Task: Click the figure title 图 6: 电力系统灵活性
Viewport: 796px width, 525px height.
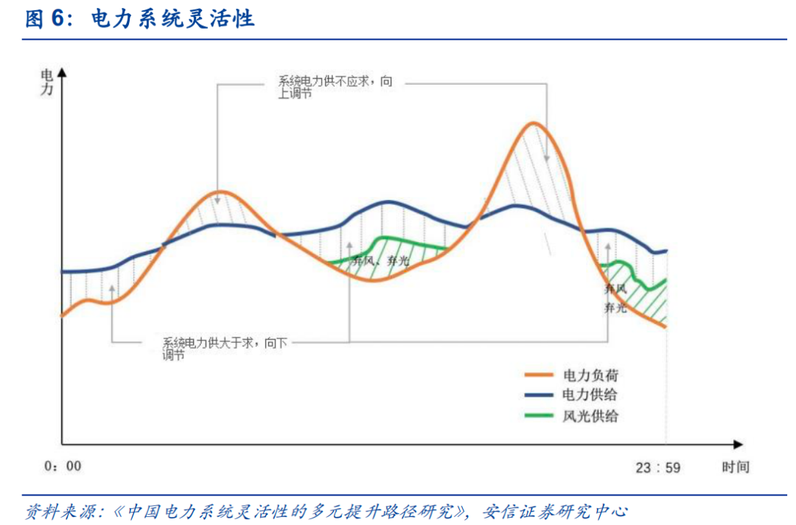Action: [x=140, y=19]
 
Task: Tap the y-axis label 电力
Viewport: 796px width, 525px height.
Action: [x=46, y=82]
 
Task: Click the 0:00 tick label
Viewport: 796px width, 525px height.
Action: [x=63, y=466]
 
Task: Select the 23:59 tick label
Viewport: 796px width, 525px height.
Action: [x=658, y=467]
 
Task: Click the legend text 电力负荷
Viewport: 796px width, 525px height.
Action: [x=590, y=375]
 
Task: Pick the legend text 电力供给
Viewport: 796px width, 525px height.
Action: [x=590, y=395]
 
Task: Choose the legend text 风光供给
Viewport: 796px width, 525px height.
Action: [x=590, y=416]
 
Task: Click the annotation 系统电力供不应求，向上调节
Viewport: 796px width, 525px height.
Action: [x=335, y=88]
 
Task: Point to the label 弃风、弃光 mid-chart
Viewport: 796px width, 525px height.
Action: [x=380, y=262]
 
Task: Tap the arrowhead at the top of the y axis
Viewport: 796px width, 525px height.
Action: [x=62, y=72]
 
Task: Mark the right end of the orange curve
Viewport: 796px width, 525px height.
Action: [x=666, y=326]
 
